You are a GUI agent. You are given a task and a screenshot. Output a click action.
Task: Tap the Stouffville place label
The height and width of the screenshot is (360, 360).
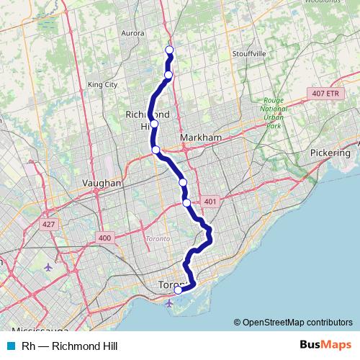(249, 54)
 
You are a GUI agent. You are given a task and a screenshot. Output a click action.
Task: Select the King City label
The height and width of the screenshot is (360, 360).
(102, 84)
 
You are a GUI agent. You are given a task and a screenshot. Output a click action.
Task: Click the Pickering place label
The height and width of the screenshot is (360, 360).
(329, 153)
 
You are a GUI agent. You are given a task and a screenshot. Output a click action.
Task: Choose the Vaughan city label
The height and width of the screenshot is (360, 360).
(102, 183)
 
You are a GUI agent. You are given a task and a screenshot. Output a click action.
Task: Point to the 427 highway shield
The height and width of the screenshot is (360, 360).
(48, 225)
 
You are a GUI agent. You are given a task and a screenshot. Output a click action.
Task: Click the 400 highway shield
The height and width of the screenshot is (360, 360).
(105, 238)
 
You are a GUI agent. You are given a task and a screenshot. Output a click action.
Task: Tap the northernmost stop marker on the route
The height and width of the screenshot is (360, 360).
(170, 50)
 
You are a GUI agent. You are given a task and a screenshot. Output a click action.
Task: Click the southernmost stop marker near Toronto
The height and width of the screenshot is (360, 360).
(178, 290)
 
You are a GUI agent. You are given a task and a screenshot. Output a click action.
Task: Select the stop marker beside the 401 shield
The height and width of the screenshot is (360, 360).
(187, 203)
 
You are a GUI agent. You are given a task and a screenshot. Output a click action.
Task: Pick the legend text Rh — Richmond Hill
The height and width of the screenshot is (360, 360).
(64, 346)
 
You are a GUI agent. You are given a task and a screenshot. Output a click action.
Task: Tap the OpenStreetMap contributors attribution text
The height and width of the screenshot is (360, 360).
(293, 323)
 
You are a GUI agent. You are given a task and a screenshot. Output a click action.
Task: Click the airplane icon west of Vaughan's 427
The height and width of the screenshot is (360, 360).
(48, 267)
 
